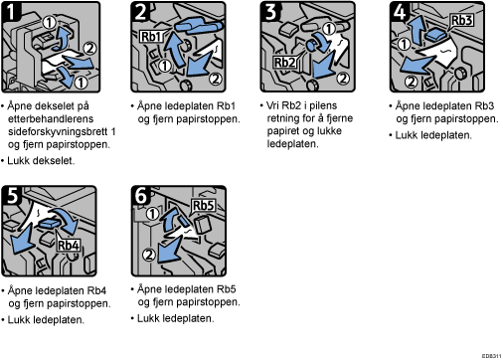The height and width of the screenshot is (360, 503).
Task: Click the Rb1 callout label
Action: click(152, 36)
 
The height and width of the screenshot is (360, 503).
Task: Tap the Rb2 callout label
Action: click(284, 62)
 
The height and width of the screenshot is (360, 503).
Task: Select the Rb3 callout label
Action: click(461, 20)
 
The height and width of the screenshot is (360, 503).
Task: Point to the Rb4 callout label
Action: click(69, 245)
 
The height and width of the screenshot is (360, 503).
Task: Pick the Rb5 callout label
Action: click(204, 206)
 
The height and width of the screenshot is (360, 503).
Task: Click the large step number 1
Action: click(11, 12)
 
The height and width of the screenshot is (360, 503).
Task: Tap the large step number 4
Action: click(400, 12)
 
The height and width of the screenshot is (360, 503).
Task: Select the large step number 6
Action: click(141, 196)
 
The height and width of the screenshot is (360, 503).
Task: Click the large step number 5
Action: click(12, 196)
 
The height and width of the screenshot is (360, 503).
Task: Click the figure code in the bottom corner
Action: click(491, 356)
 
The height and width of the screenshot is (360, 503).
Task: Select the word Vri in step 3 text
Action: click(273, 105)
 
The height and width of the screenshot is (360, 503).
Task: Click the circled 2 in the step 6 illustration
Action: click(149, 255)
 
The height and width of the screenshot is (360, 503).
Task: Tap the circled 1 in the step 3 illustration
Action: click(329, 29)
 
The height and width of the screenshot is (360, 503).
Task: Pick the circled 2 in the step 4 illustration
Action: click(412, 82)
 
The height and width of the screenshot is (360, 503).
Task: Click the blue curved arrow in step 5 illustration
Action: click(67, 220)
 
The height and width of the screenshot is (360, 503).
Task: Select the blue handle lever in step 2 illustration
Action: click(198, 26)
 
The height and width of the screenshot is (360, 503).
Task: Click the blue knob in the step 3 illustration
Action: click(311, 45)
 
